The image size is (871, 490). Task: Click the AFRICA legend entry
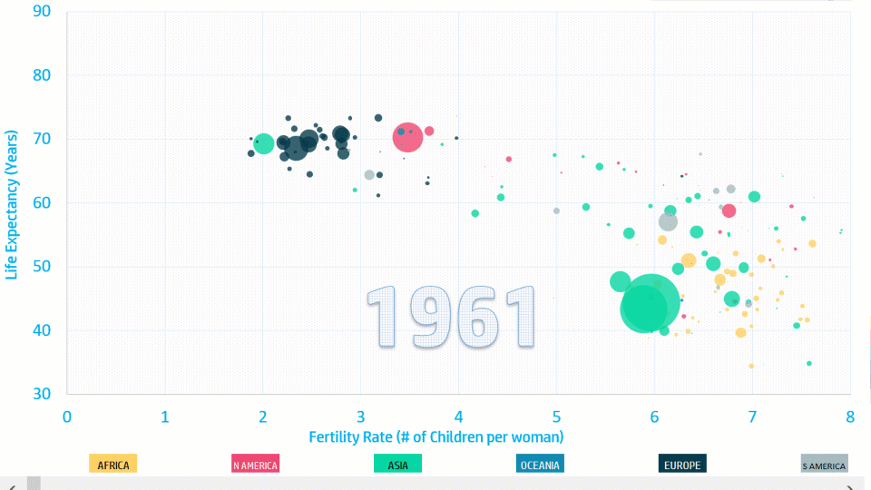113,465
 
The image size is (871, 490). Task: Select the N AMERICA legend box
255,465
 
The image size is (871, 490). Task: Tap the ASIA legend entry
397,465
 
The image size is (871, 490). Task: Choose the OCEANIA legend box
540,465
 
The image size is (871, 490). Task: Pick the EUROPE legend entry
682,465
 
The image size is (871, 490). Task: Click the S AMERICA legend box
825,465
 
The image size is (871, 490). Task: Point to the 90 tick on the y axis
42,11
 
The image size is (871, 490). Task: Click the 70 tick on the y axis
42,139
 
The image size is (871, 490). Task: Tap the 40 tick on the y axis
42,330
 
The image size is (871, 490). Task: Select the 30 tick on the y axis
42,394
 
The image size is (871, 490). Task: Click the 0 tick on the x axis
67,416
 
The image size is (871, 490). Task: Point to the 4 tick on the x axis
458,416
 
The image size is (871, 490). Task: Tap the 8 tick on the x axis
850,416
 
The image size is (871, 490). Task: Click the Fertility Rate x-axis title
436,437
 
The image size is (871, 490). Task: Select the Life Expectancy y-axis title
13,204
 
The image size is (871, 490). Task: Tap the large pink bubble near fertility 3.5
407,137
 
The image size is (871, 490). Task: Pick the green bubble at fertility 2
263,142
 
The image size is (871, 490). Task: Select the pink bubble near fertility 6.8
729,211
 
